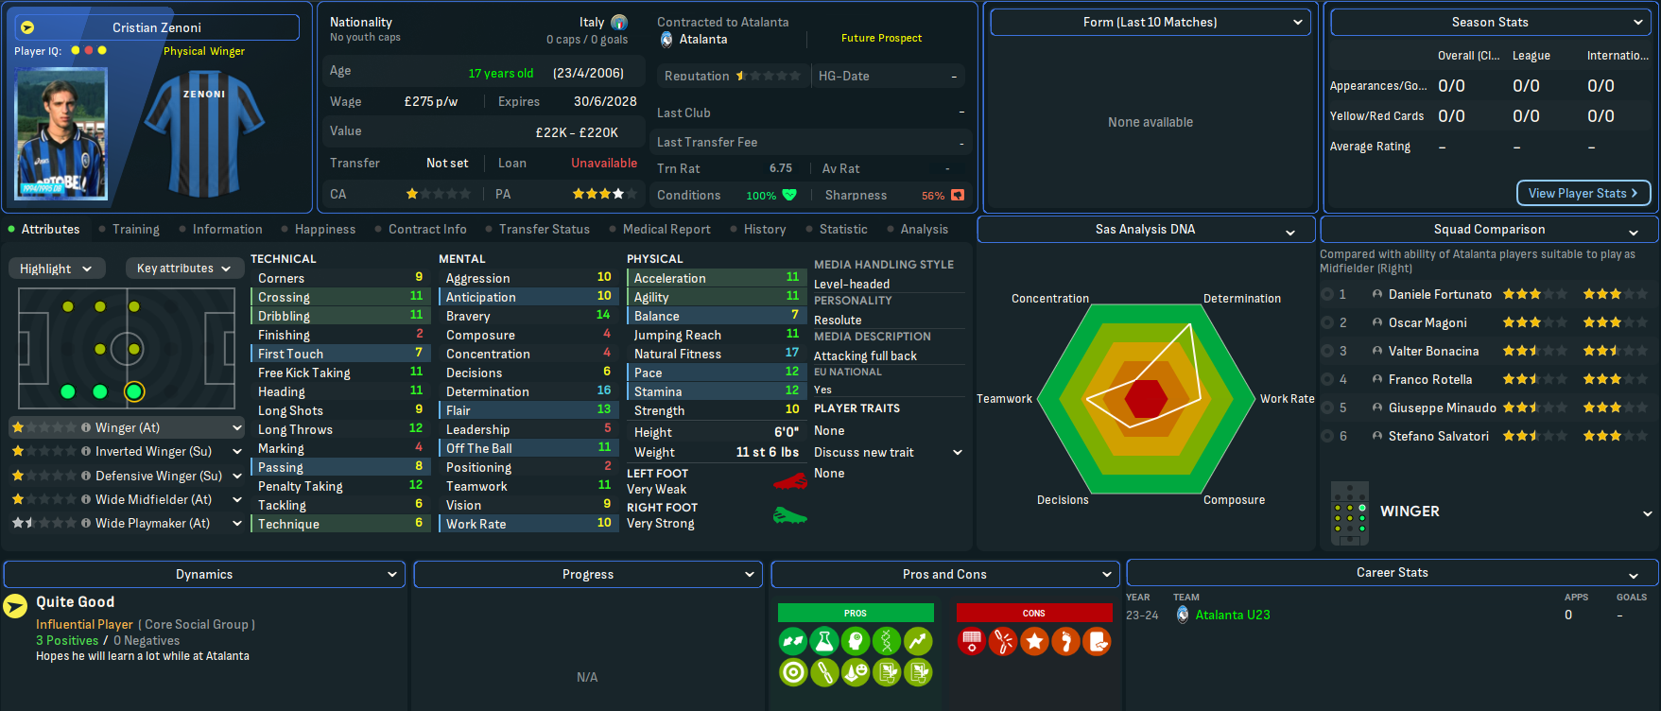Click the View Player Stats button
point(1583,193)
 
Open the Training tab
point(135,229)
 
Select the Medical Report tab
point(666,229)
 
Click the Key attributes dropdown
point(183,269)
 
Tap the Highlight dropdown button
point(56,269)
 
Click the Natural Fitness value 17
point(792,353)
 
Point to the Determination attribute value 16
point(604,390)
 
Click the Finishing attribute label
point(284,335)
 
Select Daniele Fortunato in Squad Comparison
point(1440,294)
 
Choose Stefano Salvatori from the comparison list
point(1438,436)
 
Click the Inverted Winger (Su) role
point(153,451)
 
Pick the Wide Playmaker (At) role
point(152,523)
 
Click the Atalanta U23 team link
point(1232,615)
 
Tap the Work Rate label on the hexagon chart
point(1287,398)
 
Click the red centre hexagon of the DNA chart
point(1146,398)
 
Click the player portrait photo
point(61,133)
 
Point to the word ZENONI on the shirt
point(204,95)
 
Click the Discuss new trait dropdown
point(887,452)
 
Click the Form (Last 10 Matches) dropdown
point(1150,22)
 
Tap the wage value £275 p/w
point(430,101)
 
